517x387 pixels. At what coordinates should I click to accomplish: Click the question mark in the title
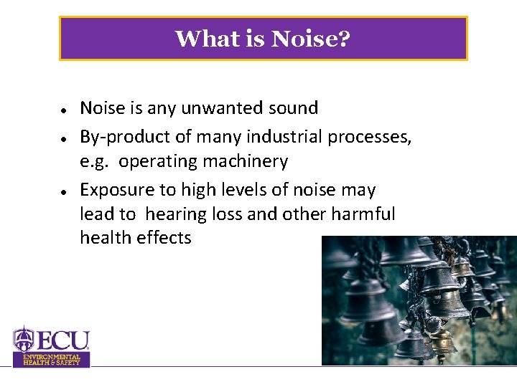[x=345, y=38]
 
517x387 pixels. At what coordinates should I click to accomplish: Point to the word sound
[x=293, y=108]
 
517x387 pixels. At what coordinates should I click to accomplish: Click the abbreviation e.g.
[x=95, y=162]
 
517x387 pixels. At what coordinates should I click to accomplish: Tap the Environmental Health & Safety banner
[x=52, y=360]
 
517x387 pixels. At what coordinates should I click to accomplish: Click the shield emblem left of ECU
[x=24, y=339]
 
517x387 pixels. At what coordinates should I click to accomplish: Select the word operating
[x=161, y=162]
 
